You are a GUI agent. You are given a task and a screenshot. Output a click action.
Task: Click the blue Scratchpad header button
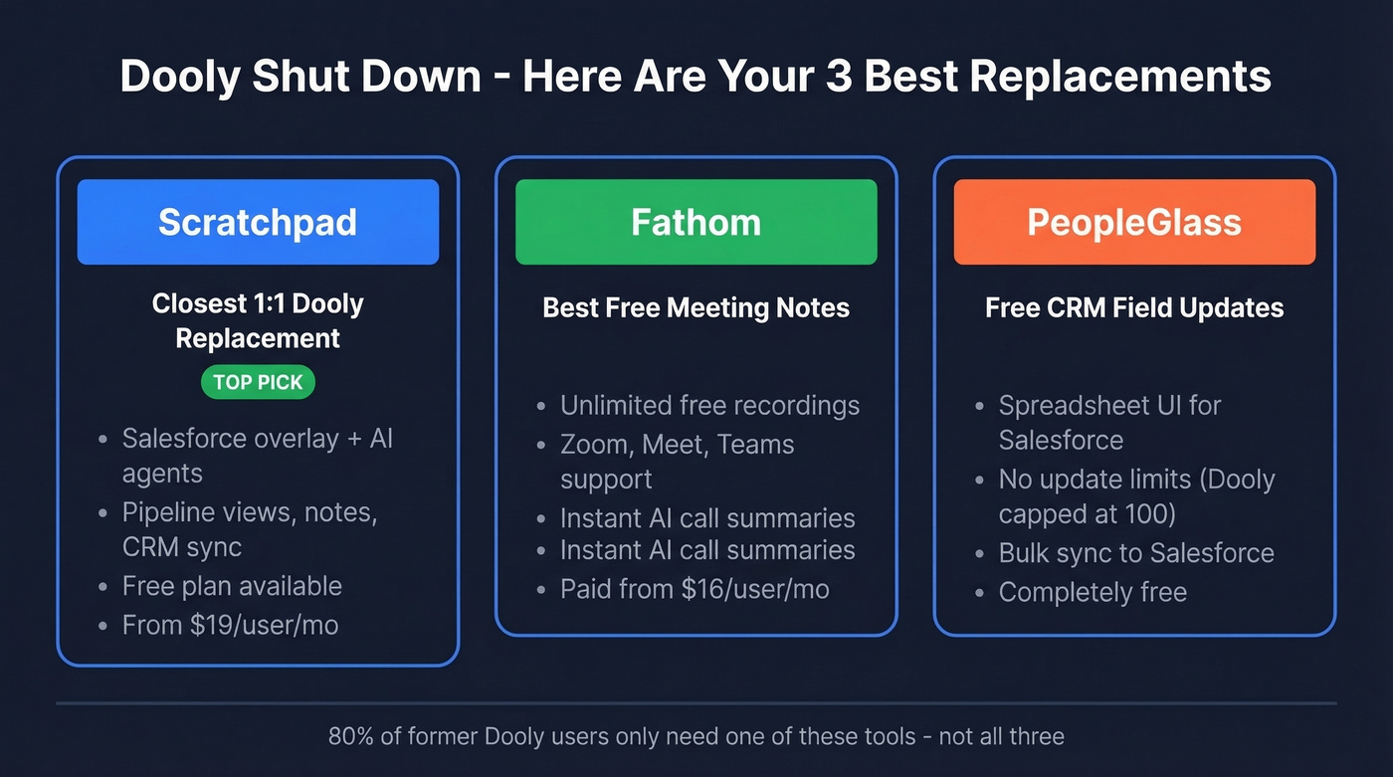[258, 222]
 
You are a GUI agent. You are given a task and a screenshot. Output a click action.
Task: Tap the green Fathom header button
[696, 222]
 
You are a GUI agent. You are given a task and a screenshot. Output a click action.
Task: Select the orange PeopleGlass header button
[1134, 222]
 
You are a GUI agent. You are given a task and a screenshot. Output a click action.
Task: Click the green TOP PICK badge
[258, 382]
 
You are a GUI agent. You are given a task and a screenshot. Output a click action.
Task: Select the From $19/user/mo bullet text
[230, 625]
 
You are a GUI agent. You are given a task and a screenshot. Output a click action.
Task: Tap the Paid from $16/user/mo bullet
[695, 589]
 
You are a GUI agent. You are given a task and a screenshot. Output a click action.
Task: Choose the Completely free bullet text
[1093, 592]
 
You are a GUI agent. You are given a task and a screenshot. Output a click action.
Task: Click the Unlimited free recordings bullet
[709, 406]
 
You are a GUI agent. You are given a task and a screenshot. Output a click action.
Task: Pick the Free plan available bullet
[232, 586]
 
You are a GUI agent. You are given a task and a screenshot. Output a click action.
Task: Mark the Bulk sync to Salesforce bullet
[1136, 553]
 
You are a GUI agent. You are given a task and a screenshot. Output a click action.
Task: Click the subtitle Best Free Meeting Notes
[696, 307]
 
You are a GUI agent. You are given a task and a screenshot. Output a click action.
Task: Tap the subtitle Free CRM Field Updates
[1134, 307]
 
